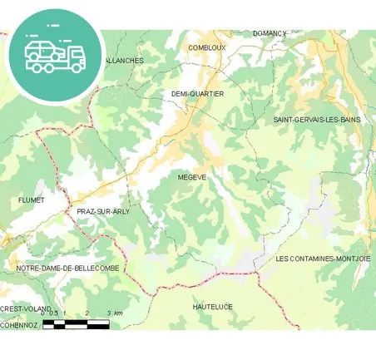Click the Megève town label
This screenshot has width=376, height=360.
191,177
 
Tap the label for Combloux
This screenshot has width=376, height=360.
207,48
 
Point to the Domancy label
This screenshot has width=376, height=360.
270,33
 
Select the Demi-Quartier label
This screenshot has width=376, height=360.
197,94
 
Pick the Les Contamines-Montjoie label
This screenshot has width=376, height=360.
323,259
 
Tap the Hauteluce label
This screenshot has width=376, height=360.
212,307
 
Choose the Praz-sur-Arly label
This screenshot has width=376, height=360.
103,211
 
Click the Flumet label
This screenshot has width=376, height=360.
31,200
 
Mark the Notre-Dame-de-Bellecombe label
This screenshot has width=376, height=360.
67,269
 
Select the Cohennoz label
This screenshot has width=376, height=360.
19,325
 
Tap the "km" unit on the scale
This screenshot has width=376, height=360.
119,313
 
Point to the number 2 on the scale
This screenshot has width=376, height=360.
87,313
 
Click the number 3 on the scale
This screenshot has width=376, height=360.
109,313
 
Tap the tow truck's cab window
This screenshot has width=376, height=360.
74,52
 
